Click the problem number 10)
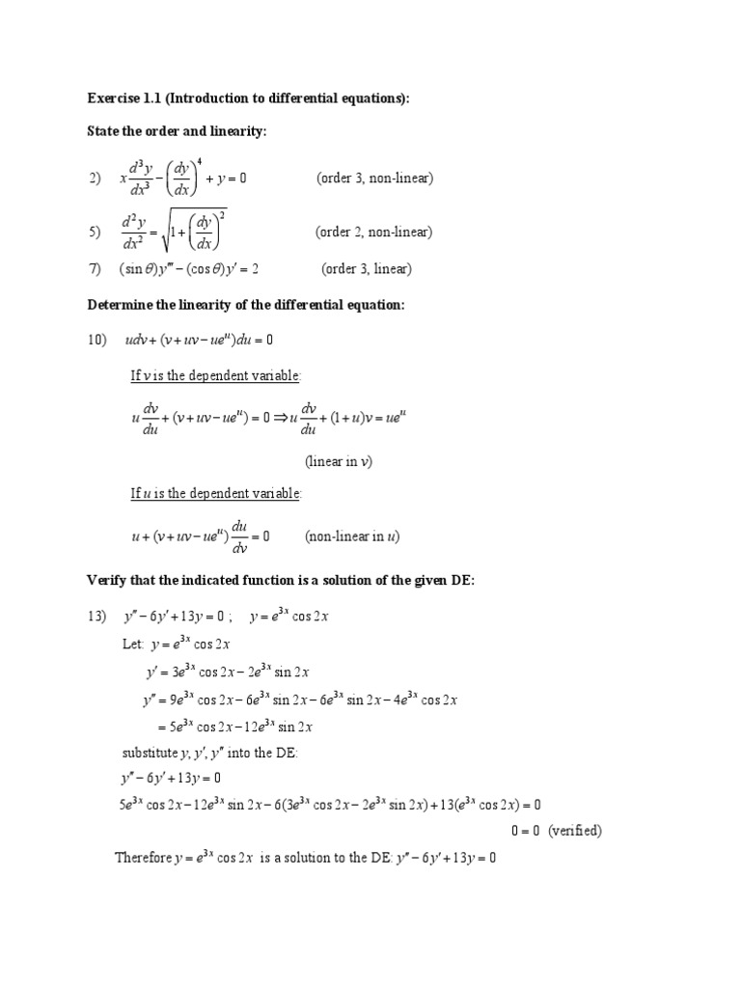click(x=97, y=340)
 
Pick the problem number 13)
click(x=97, y=617)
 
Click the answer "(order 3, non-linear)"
click(x=374, y=178)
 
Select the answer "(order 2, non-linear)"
click(x=374, y=232)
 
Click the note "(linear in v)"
click(x=339, y=461)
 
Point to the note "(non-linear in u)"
click(x=352, y=536)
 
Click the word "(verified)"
click(x=575, y=830)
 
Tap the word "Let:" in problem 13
click(x=133, y=644)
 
